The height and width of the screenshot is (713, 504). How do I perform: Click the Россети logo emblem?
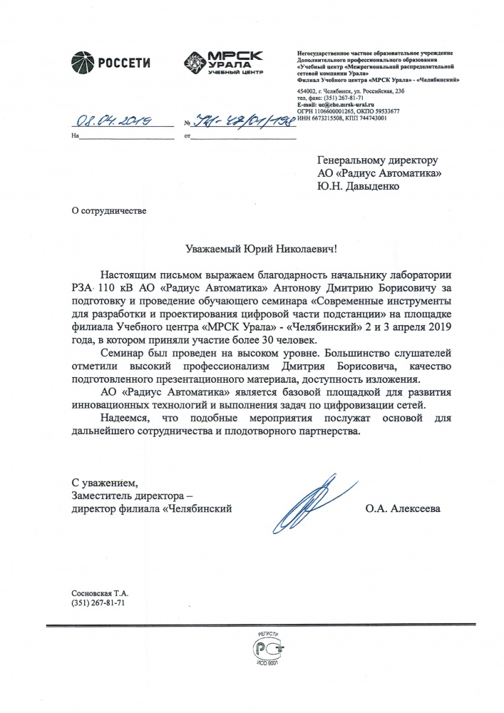coord(82,62)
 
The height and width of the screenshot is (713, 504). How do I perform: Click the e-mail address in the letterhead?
coord(341,105)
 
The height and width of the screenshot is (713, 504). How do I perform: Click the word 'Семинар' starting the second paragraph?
coord(123,352)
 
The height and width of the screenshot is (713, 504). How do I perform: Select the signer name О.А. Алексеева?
coord(402,509)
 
